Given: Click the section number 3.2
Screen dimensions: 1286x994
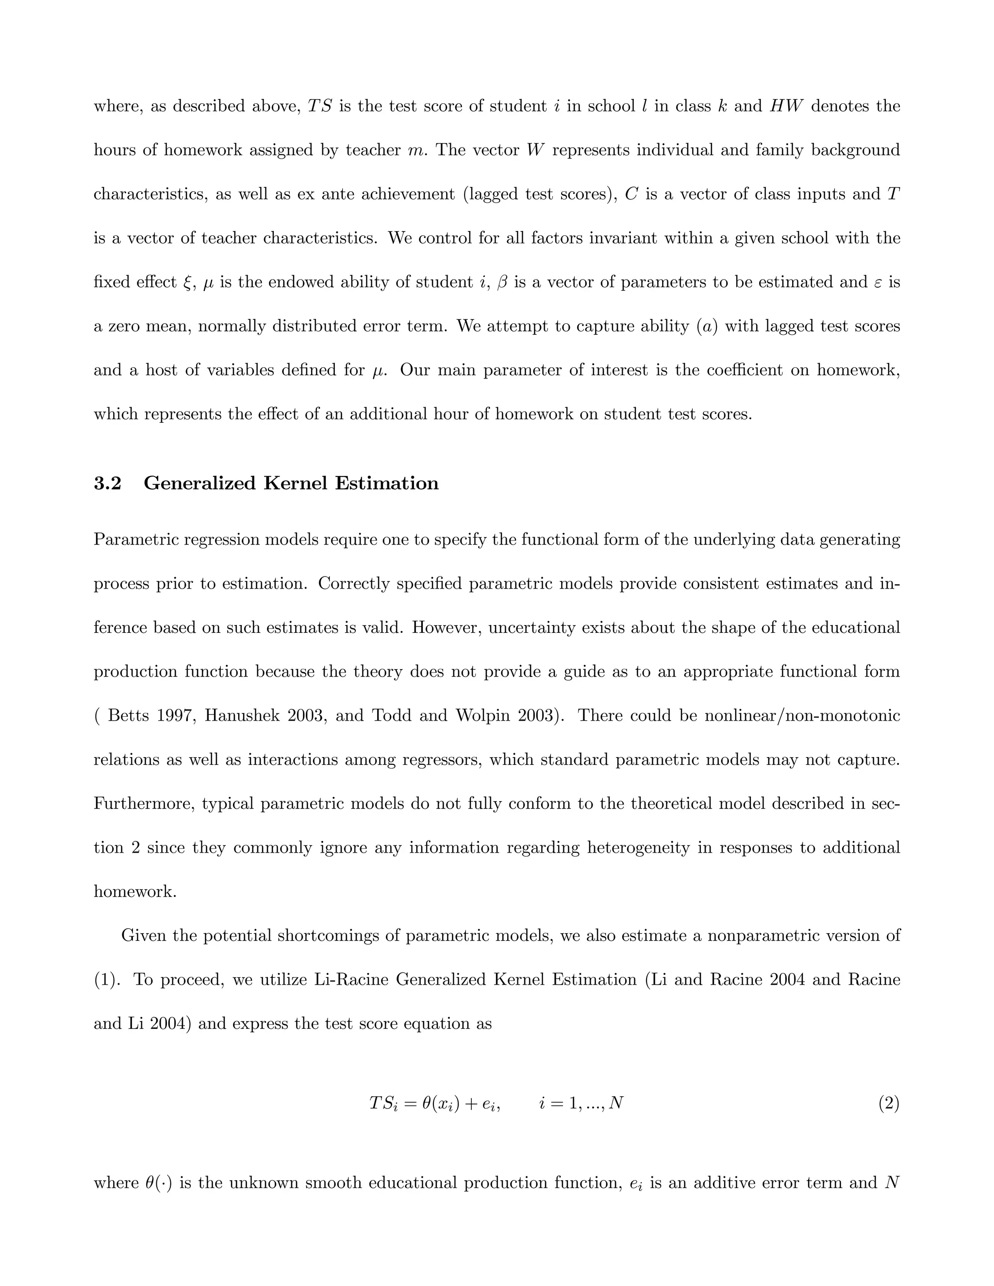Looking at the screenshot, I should coord(107,483).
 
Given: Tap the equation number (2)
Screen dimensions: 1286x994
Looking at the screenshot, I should coord(889,1103).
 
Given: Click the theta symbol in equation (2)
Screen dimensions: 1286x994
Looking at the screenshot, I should coord(427,1103).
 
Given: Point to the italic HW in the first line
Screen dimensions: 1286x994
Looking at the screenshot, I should coord(786,106).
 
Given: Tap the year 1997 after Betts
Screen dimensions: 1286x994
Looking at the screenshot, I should coord(177,715).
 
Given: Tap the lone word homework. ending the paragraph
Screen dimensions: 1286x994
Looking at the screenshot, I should coord(135,891).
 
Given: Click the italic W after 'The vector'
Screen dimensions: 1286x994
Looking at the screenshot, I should coord(533,150).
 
